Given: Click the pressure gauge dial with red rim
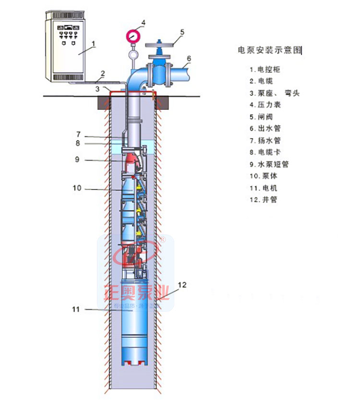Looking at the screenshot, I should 132,35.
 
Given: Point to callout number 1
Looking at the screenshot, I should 94,43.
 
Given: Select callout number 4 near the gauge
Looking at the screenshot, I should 143,22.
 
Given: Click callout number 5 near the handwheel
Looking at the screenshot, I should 182,32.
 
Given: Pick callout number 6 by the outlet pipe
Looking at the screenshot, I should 189,59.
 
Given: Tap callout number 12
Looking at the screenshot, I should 182,284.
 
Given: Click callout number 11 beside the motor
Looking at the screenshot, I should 75,309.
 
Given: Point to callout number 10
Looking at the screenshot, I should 77,188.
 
